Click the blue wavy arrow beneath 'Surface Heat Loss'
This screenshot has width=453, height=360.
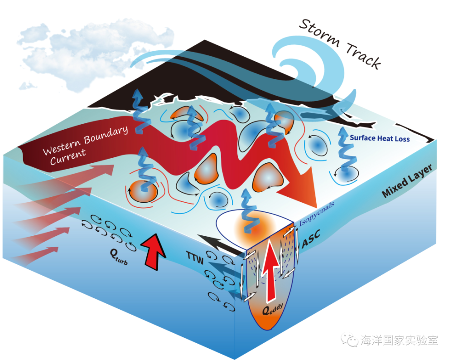(346, 159)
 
